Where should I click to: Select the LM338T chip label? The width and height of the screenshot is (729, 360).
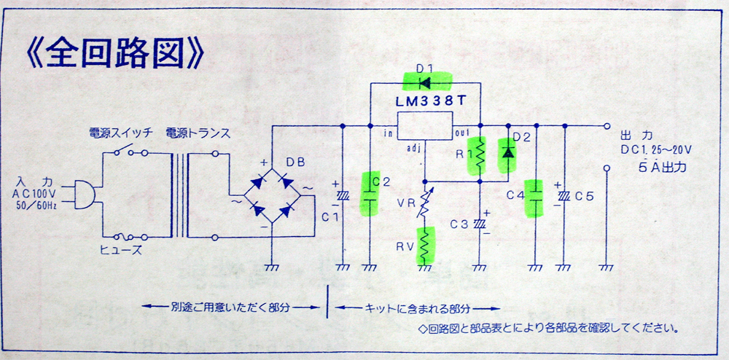coord(424,102)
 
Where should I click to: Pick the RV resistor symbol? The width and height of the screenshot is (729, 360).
coord(424,245)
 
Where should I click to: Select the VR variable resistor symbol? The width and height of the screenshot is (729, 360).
coord(424,202)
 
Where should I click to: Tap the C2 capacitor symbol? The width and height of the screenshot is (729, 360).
coord(370,195)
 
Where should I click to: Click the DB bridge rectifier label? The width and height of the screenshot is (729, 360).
coord(296,163)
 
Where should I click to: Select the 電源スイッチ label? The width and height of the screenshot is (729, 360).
coord(120,134)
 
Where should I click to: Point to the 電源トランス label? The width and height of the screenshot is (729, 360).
coord(197,134)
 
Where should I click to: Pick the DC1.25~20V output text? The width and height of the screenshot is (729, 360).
coord(657,150)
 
